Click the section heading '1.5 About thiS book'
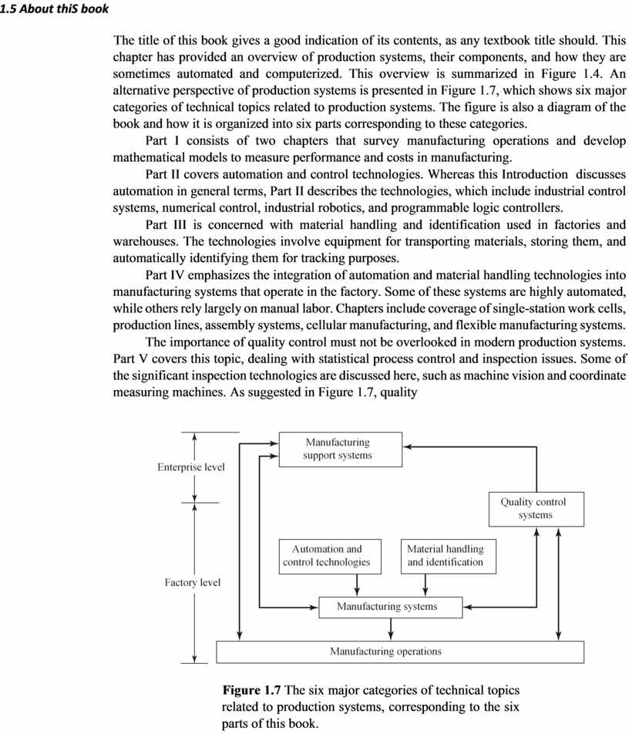click(55, 9)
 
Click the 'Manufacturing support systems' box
click(339, 449)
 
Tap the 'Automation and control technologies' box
click(331, 555)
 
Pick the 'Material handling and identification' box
click(446, 555)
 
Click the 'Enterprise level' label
click(191, 467)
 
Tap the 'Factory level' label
click(192, 582)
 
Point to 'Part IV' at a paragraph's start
click(164, 275)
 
